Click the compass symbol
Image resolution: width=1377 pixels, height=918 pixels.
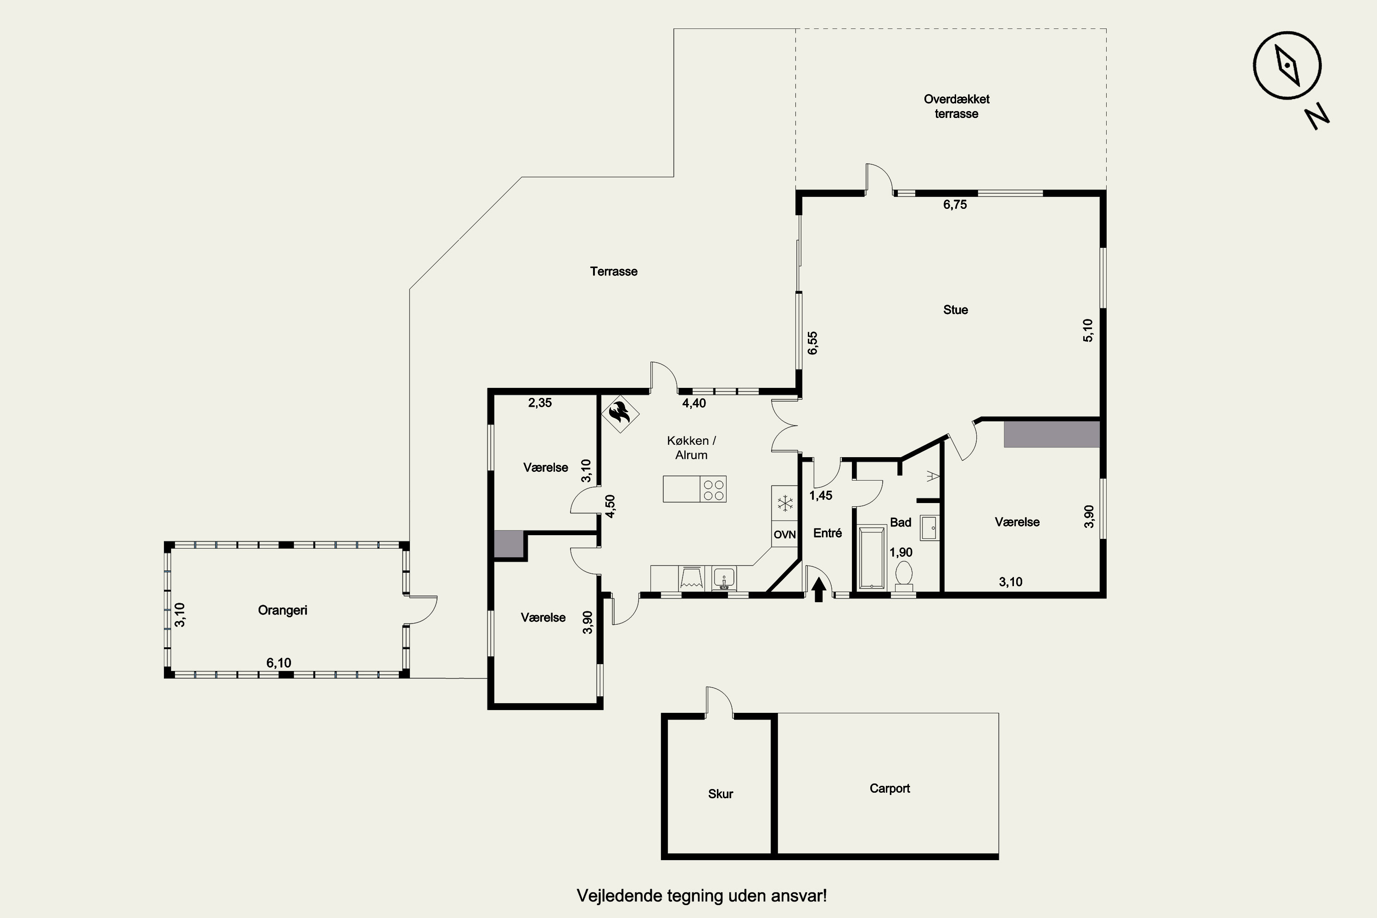coord(1287,66)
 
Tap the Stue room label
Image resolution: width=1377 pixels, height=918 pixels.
coord(956,310)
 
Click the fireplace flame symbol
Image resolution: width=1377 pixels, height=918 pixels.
coord(620,414)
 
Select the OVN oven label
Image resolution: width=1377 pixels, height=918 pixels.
coord(784,535)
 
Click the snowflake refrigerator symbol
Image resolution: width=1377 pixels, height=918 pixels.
coord(784,503)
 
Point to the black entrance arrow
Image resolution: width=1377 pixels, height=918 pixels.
coord(819,589)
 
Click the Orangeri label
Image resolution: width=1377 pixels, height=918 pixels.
coord(282,610)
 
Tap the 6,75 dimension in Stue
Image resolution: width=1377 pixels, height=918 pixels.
coord(955,204)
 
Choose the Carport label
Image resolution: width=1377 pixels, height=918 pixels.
coord(890,788)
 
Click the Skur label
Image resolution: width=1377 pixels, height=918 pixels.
coord(720,794)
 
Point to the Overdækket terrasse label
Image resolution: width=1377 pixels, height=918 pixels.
coord(957,106)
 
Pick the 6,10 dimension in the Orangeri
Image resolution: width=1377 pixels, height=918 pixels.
coord(279,663)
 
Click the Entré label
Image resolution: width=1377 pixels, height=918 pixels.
coord(827,533)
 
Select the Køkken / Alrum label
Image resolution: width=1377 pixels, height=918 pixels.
coord(691,448)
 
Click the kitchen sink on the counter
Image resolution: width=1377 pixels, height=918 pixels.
coord(724,578)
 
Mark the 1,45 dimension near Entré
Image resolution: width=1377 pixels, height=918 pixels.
coord(821,495)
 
